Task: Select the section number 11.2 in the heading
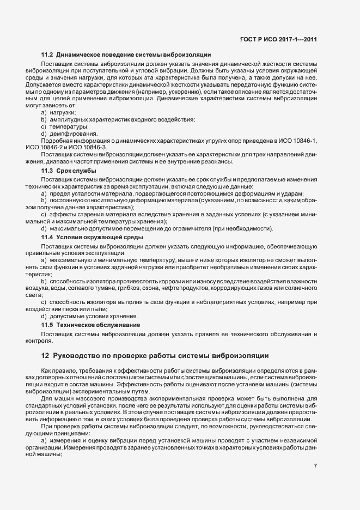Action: pos(47,55)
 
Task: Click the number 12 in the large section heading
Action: pos(45,356)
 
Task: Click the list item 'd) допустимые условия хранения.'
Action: pos(89,317)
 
